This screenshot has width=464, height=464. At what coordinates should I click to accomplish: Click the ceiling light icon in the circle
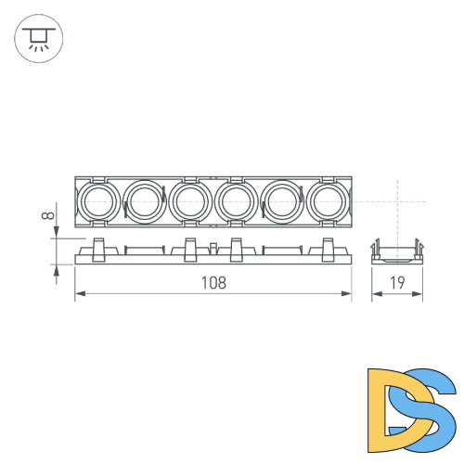(38, 38)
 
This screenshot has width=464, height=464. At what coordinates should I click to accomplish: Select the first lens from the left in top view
(97, 200)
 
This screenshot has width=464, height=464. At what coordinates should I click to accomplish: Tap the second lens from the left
(144, 200)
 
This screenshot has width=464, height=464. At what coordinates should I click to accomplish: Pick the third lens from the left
(190, 200)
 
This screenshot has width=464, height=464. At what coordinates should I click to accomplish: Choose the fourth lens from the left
(237, 200)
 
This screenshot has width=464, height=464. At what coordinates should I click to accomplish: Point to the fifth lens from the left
(283, 200)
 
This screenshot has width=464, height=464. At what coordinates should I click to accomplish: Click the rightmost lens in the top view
(329, 200)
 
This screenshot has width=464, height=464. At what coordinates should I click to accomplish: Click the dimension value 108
(213, 282)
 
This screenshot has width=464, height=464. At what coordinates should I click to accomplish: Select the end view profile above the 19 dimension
(397, 252)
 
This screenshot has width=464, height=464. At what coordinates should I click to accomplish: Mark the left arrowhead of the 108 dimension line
(78, 294)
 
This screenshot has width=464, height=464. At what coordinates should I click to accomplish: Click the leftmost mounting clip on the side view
(98, 250)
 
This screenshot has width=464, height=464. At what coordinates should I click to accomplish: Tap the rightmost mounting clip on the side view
(328, 250)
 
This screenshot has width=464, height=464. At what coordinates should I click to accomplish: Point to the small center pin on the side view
(213, 249)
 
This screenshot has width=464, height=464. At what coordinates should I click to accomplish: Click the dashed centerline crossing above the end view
(397, 200)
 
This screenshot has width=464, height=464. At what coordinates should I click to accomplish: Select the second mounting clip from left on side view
(190, 250)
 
